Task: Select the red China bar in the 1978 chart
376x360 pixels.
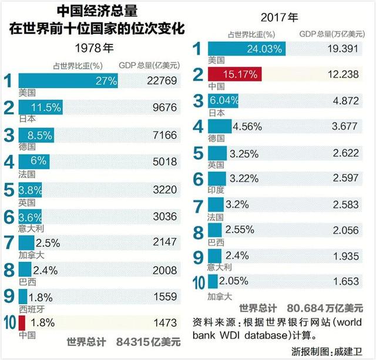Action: [x=22, y=322]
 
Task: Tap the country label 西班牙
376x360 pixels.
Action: [x=31, y=309]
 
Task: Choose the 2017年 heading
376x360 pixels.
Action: [x=280, y=18]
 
